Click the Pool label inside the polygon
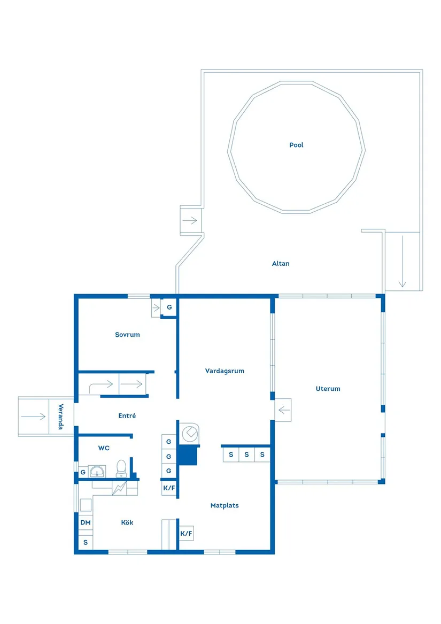point(296,145)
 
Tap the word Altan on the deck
point(281,264)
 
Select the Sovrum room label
point(127,335)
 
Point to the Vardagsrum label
point(225,371)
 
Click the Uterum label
point(328,389)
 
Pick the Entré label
point(127,415)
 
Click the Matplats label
point(225,505)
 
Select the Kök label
point(127,522)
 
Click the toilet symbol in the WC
point(121,468)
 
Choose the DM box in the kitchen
point(86,522)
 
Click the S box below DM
point(86,542)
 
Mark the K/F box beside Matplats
point(186,533)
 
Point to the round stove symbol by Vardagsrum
point(189,433)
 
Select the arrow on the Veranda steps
point(34,417)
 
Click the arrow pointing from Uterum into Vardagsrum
point(283,411)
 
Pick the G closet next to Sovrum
point(169,307)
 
